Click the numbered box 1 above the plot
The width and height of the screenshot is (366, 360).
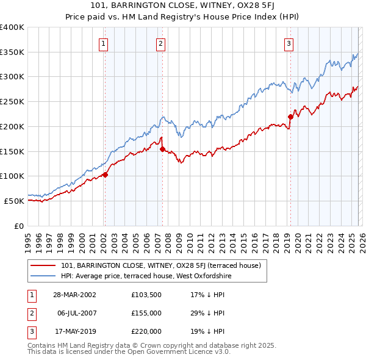point(104,43)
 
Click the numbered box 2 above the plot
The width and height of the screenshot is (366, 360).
point(160,43)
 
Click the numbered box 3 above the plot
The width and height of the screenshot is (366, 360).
point(289,43)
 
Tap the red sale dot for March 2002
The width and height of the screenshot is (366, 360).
point(106,175)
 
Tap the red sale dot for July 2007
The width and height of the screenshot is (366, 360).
point(162,148)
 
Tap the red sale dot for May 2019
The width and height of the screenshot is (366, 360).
point(290,116)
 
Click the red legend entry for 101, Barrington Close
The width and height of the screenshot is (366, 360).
point(160,265)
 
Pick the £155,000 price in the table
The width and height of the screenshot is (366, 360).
point(146,313)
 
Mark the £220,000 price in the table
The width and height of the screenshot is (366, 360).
point(146,331)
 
